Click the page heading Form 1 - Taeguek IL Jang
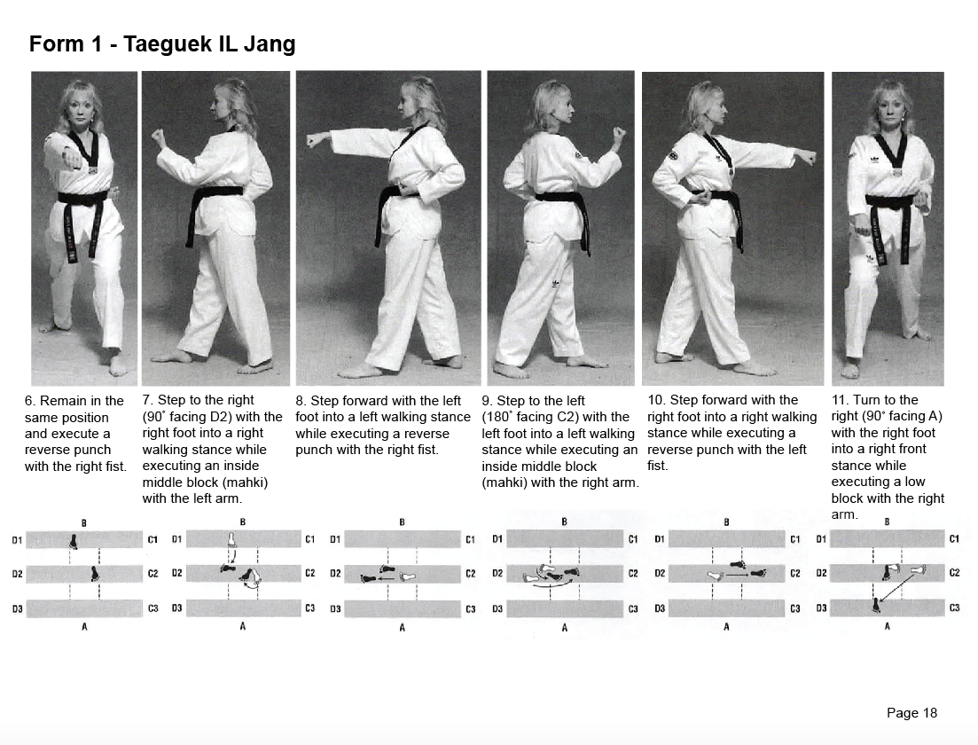162,44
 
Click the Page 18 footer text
911,712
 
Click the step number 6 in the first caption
29,401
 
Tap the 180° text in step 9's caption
502,417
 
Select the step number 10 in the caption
658,400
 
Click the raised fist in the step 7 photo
160,137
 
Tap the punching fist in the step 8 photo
313,139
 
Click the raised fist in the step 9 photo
618,135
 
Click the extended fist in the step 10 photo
805,157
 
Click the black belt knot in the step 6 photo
87,197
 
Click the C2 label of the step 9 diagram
633,573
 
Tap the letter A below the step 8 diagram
402,627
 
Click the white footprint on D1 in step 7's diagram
232,539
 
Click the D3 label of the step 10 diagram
660,608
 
